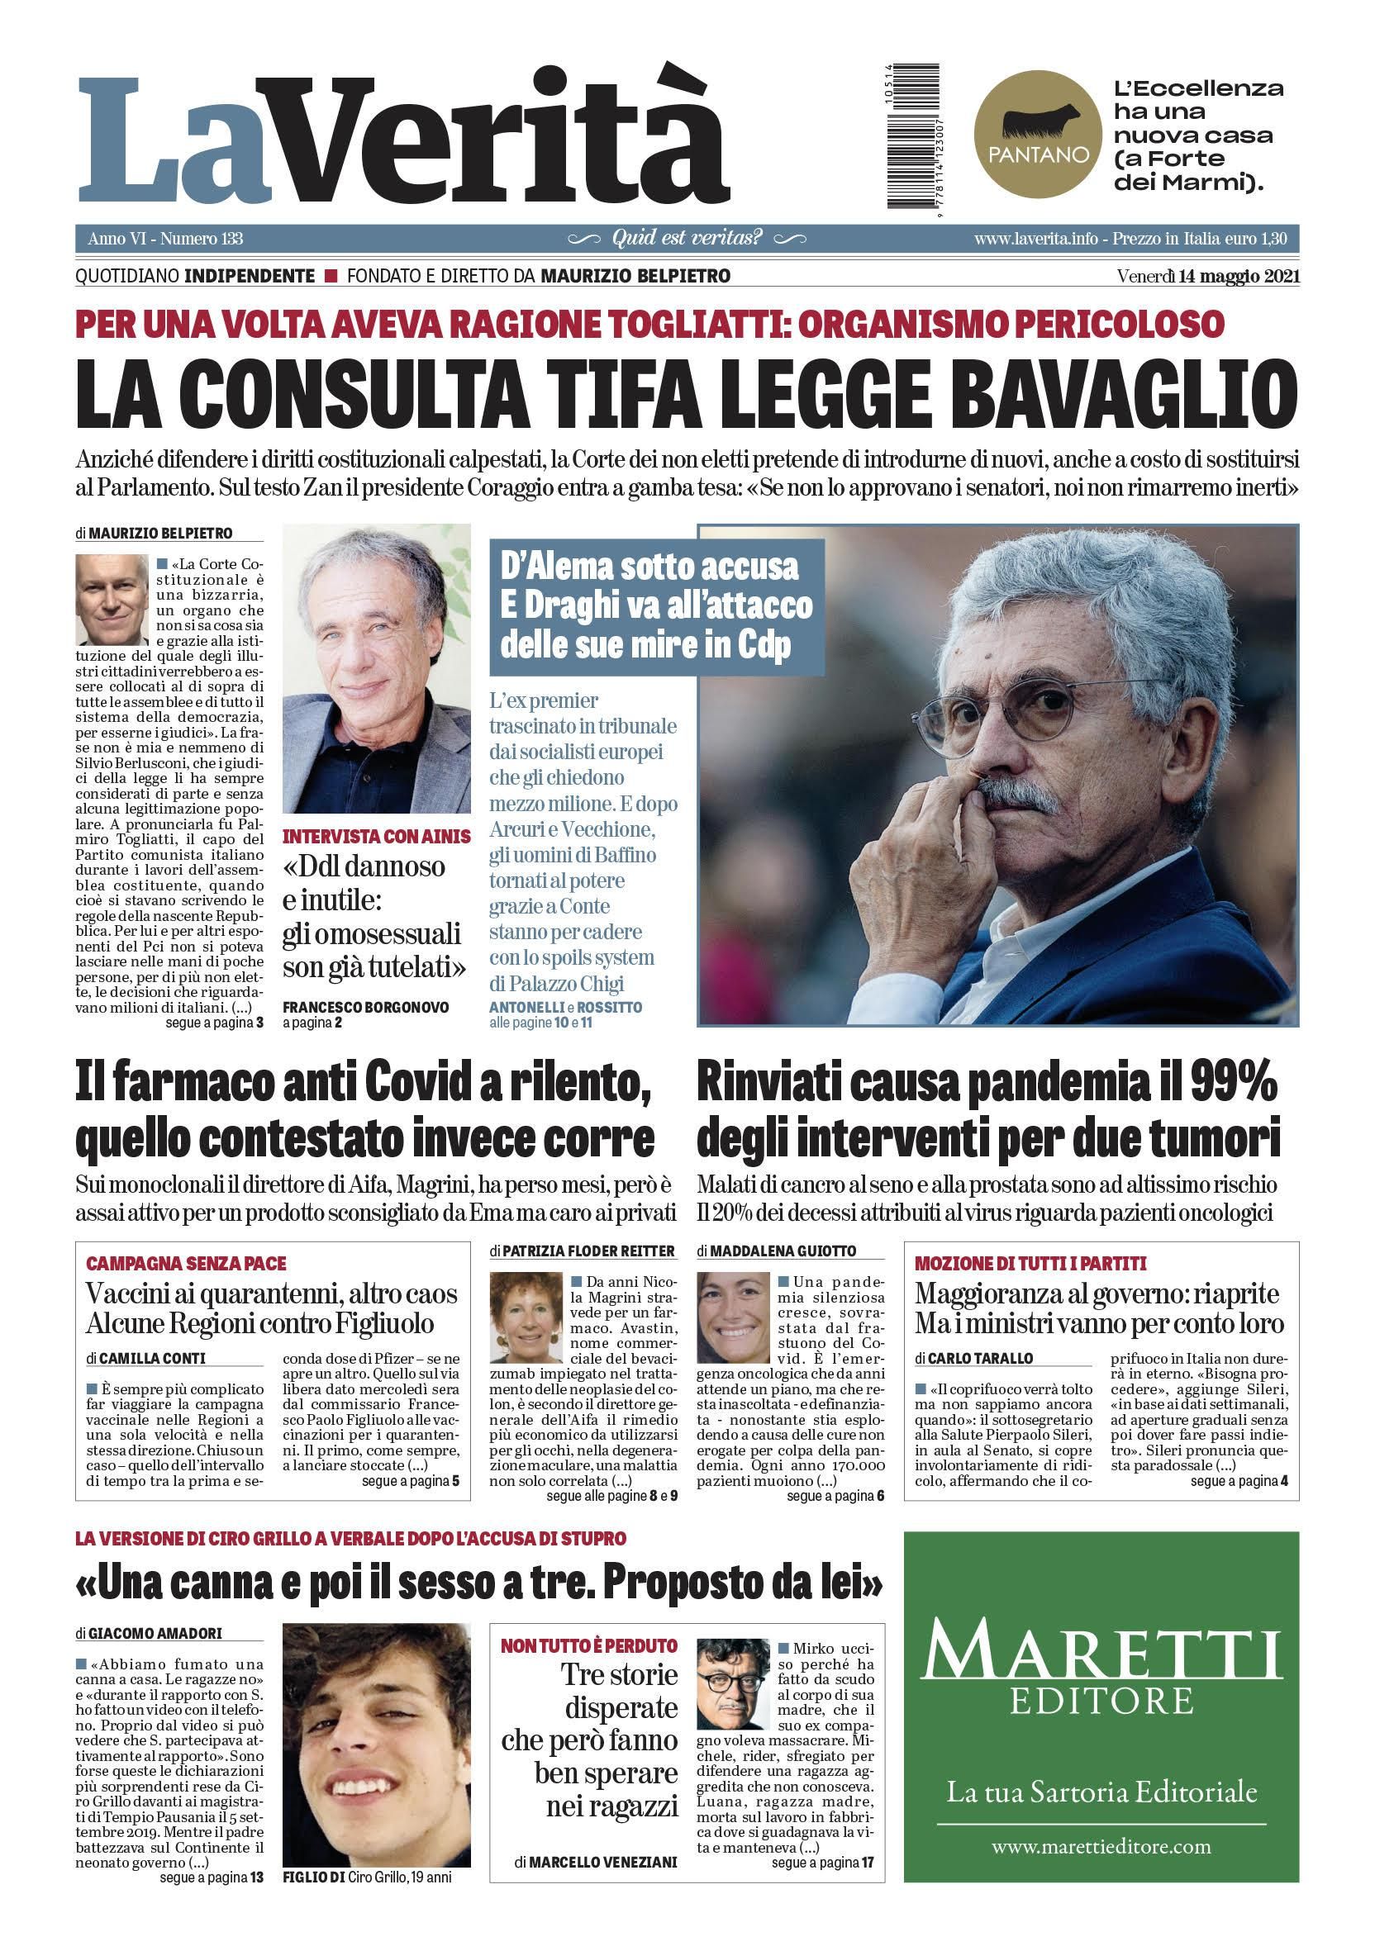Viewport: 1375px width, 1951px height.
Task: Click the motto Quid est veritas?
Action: [687, 238]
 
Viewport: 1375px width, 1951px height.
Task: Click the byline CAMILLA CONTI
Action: [152, 1359]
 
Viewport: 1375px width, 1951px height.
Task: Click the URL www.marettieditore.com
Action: [1101, 1846]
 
